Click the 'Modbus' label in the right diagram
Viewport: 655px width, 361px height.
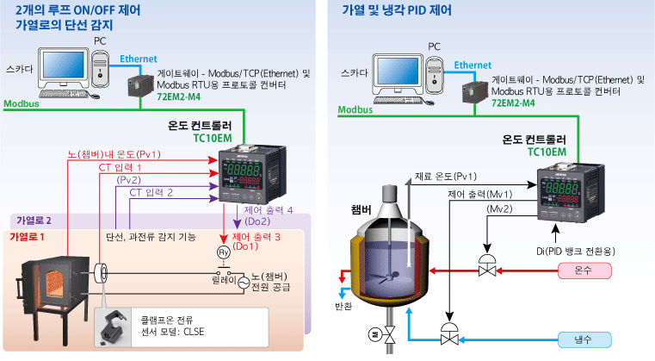(355, 110)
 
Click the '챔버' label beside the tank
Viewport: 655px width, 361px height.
(362, 209)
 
